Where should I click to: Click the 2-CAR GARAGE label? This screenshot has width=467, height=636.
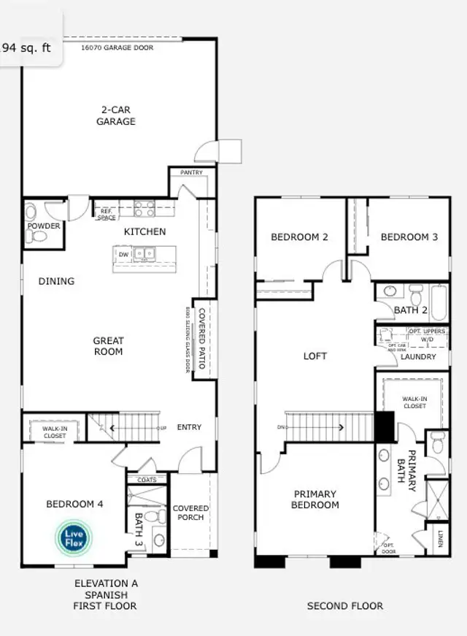tap(116, 116)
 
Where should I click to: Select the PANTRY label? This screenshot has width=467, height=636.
tap(192, 173)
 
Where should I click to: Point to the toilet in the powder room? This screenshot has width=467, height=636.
tap(31, 212)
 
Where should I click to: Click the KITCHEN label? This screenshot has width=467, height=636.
tap(144, 231)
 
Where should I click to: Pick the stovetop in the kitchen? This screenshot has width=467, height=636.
tap(143, 210)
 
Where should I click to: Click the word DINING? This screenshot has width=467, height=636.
tap(56, 281)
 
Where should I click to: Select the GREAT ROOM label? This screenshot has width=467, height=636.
tap(108, 346)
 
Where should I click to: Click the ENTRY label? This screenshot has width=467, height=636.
tap(189, 427)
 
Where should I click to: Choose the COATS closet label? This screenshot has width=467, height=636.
tap(147, 480)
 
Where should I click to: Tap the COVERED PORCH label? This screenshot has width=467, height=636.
tap(190, 513)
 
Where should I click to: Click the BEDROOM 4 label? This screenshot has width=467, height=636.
tap(74, 504)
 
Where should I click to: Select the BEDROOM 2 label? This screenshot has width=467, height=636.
tap(299, 237)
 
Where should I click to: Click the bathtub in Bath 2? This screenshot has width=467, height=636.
tap(439, 302)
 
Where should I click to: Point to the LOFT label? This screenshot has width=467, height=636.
tap(315, 356)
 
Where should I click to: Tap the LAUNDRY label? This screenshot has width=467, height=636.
tap(418, 357)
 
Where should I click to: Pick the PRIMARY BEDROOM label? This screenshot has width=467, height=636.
tap(315, 499)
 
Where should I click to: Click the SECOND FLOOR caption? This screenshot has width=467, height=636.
tap(344, 605)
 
